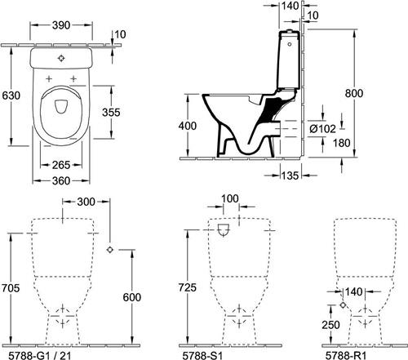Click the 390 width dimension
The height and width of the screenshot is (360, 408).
coord(61,25)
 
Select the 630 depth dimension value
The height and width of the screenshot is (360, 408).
coord(11,96)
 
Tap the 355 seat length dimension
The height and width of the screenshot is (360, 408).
coord(111,112)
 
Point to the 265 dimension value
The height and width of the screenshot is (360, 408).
coord(61,165)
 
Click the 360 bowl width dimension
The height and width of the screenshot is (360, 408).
coord(61,180)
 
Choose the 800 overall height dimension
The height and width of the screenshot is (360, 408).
coord(354,93)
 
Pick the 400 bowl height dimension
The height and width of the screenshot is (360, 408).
coord(188,126)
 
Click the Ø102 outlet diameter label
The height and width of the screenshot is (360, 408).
coord(322,129)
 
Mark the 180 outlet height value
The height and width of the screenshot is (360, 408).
coord(341,143)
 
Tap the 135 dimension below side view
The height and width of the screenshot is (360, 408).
coord(290,176)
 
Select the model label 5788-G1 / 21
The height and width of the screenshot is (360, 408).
coord(40,355)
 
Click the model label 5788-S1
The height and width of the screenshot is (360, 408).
coord(202,355)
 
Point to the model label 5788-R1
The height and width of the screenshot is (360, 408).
coord(346,355)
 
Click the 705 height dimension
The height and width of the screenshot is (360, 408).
coord(11,287)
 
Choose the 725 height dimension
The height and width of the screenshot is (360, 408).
coord(187,287)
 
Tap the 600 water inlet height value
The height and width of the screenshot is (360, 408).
coord(132,297)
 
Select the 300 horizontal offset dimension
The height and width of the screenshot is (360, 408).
coord(86,202)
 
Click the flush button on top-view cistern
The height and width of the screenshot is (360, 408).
coord(61,58)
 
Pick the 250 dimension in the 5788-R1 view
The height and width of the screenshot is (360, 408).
coord(330,325)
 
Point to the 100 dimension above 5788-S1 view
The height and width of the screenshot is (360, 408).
coord(230,198)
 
